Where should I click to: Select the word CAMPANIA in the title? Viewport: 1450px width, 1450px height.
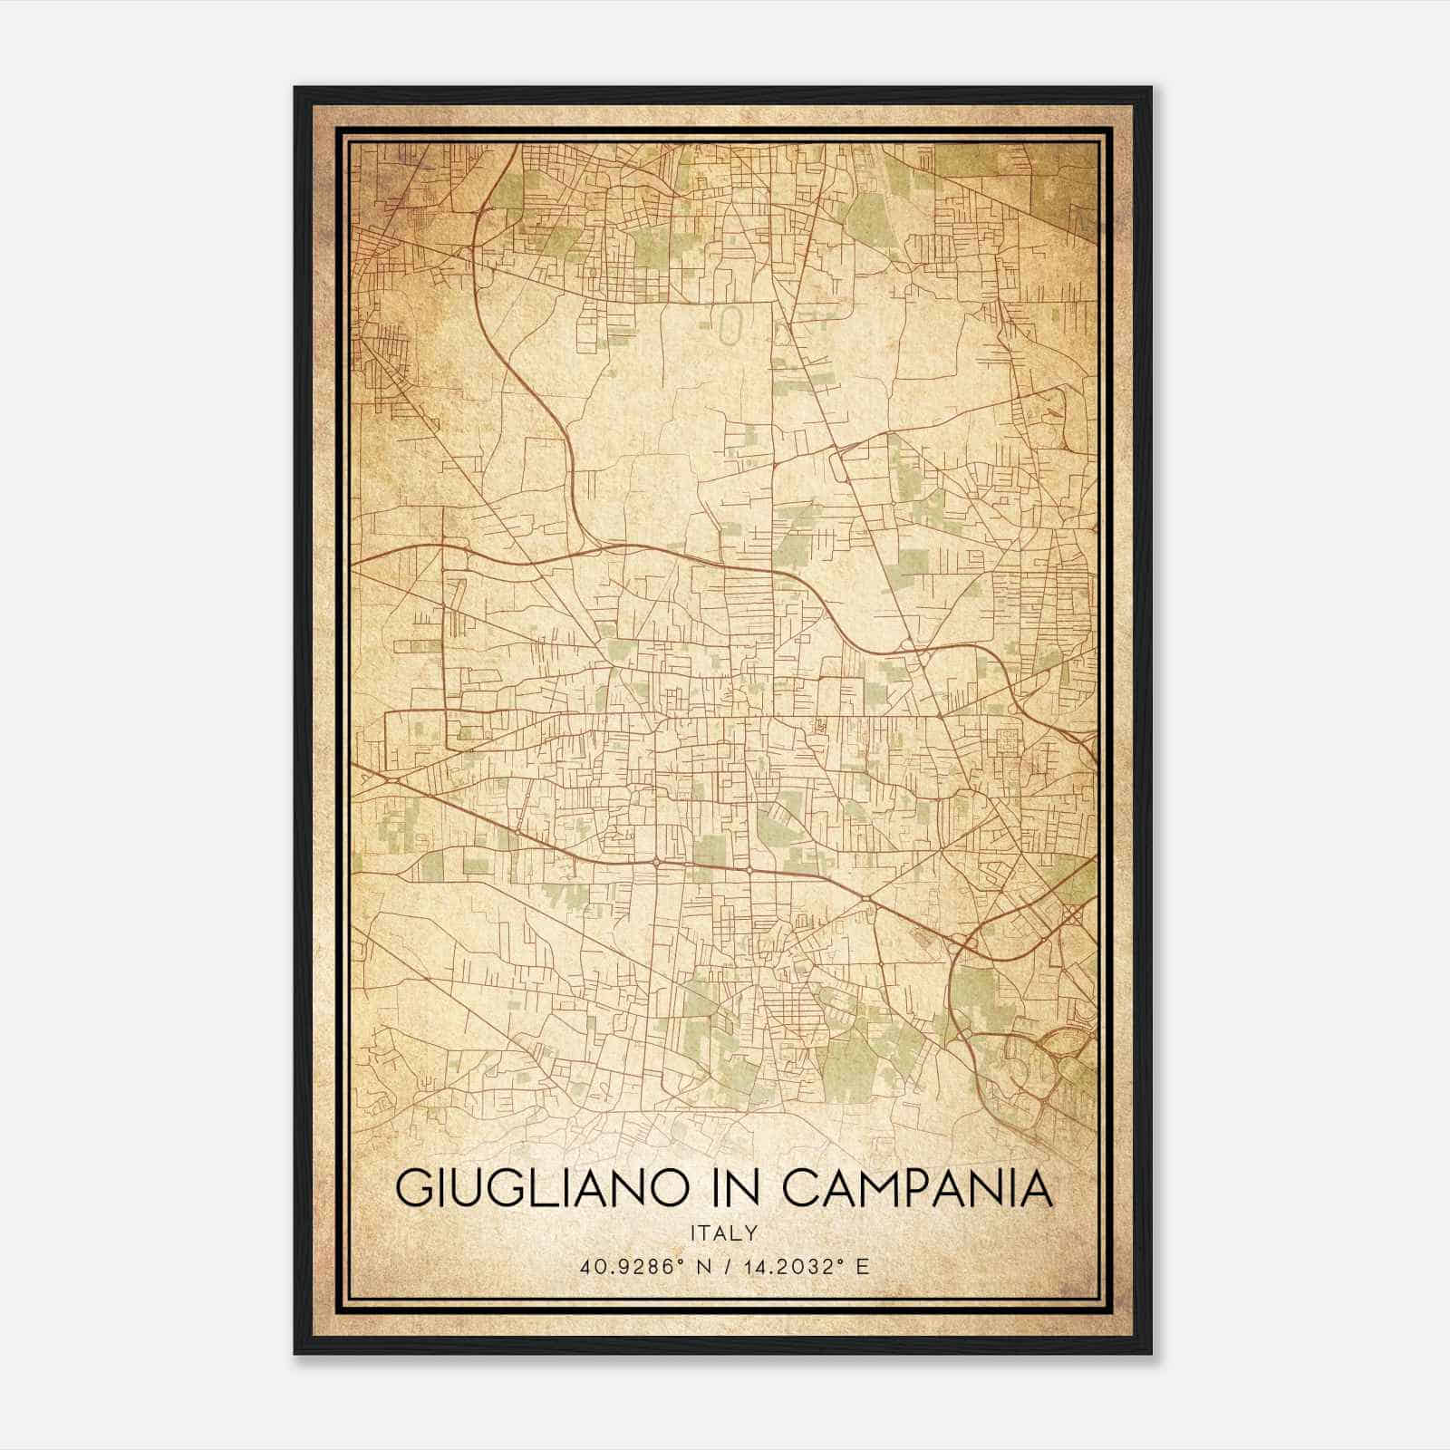point(917,1189)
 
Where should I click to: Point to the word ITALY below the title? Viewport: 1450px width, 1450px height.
point(724,1232)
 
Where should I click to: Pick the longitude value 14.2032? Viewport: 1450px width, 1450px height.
point(787,1267)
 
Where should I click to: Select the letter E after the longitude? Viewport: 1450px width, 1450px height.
point(863,1267)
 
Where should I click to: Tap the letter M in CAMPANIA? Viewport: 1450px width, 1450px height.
point(884,1189)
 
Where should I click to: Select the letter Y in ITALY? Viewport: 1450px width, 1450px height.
point(752,1232)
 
